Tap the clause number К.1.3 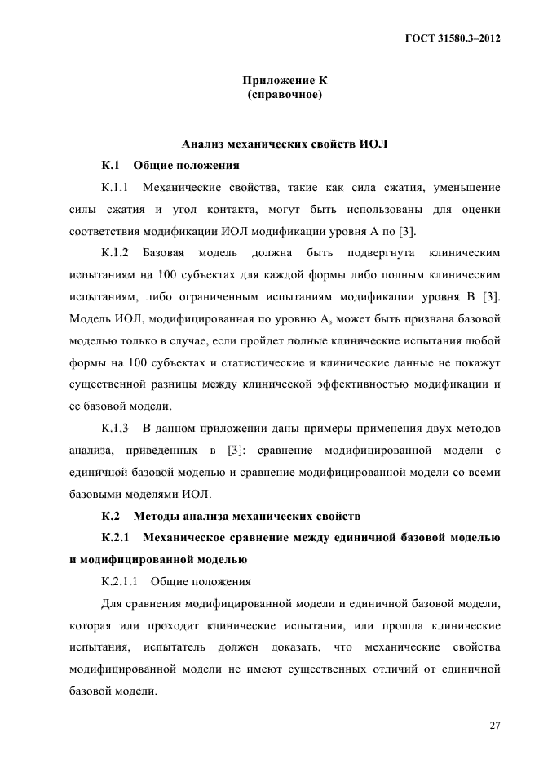(117, 429)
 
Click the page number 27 (494, 726)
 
